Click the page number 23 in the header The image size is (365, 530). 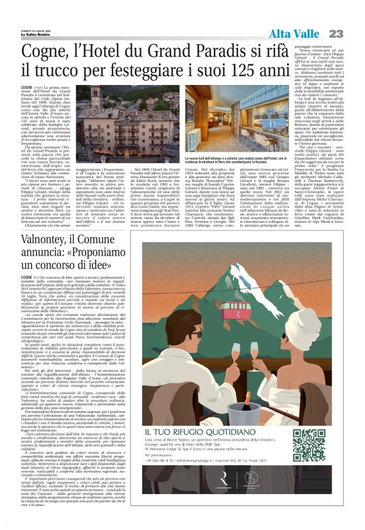(x=335, y=33)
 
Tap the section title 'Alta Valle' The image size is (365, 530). (x=293, y=33)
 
